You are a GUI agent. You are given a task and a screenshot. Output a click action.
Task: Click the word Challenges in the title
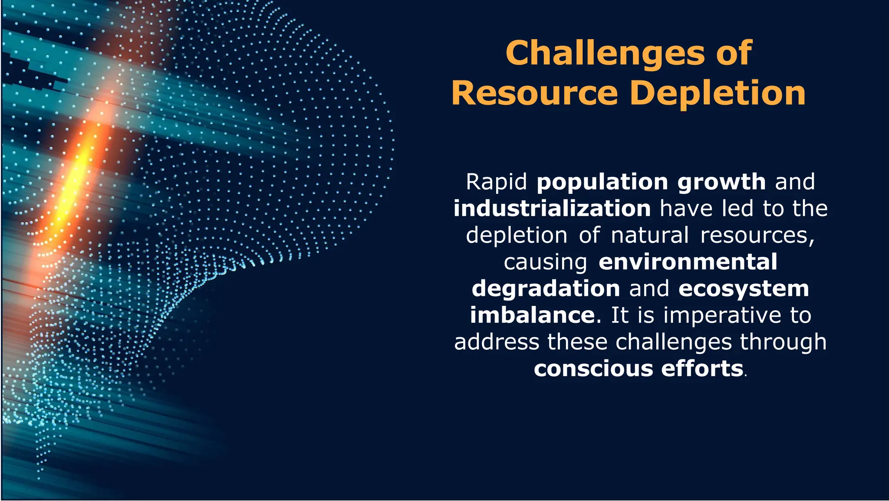click(x=606, y=54)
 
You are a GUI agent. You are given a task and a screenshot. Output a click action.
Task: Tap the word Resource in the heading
click(x=534, y=93)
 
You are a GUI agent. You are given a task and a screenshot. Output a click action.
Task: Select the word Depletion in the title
click(x=718, y=93)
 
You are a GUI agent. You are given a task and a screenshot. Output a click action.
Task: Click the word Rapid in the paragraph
click(x=496, y=182)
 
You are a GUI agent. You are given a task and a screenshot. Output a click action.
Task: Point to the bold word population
click(x=602, y=182)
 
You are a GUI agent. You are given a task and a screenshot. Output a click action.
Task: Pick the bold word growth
click(x=721, y=182)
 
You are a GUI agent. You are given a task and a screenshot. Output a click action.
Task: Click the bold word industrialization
click(x=552, y=209)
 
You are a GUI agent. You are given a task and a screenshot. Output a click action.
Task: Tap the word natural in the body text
click(x=649, y=235)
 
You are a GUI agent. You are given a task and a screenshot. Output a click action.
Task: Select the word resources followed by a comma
click(x=757, y=235)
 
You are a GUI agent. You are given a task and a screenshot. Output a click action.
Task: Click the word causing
click(x=545, y=262)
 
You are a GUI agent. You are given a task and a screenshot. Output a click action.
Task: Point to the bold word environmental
click(x=688, y=262)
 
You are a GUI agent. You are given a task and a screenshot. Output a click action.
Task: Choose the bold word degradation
click(x=546, y=289)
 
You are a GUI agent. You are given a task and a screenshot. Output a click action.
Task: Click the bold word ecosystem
click(x=744, y=289)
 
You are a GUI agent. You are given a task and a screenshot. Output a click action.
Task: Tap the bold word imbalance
click(x=532, y=315)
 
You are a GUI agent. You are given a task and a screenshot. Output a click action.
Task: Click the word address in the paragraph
click(x=497, y=342)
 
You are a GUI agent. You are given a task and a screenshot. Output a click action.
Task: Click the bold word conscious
click(x=593, y=369)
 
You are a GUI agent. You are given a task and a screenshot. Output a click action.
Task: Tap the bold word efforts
click(x=702, y=368)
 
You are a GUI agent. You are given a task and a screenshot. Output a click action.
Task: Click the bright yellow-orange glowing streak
click(x=74, y=182)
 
